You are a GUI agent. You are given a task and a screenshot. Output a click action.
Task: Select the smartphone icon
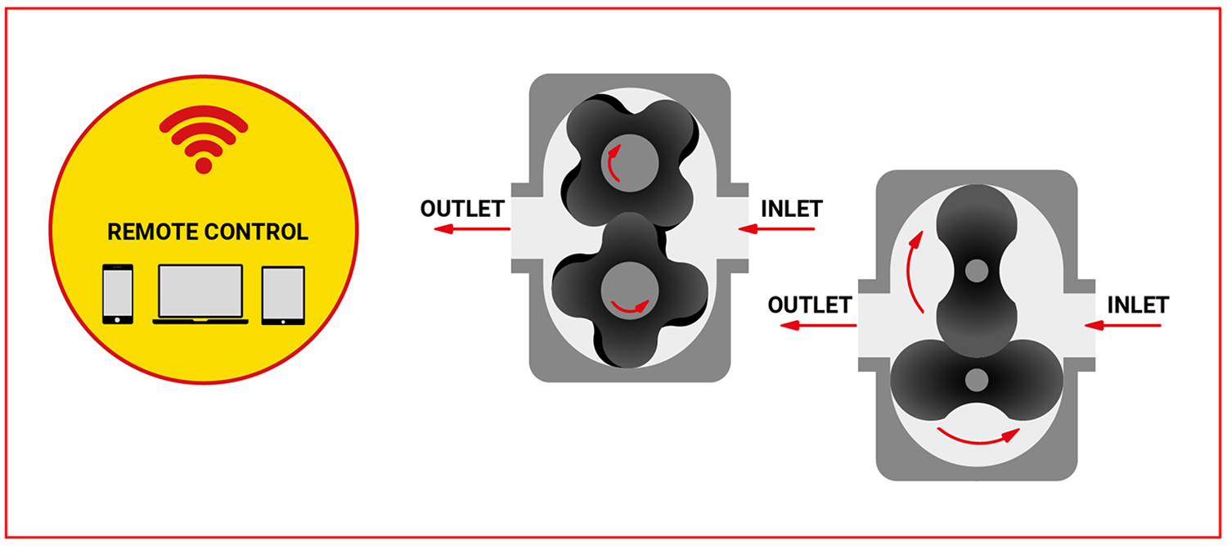[x=119, y=294]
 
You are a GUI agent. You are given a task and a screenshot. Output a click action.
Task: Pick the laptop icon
[x=200, y=294]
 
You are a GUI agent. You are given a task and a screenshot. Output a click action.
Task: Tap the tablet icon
[x=283, y=295]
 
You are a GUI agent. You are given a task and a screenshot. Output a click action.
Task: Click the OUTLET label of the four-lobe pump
[x=461, y=209]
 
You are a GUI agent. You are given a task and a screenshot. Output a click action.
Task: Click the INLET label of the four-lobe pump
[x=791, y=209]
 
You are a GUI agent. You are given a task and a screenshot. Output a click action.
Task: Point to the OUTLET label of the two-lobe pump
[x=809, y=305]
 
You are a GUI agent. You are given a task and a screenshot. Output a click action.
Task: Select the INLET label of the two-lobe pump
[x=1138, y=305]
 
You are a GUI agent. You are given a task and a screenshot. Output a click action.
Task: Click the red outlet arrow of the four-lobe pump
[x=471, y=229]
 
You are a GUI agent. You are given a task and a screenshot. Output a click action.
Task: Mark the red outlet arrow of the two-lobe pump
[x=818, y=326]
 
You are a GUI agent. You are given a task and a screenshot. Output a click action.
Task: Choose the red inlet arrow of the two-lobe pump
[x=1130, y=326]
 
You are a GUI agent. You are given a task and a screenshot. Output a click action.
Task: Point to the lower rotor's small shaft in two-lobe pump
[x=976, y=379]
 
